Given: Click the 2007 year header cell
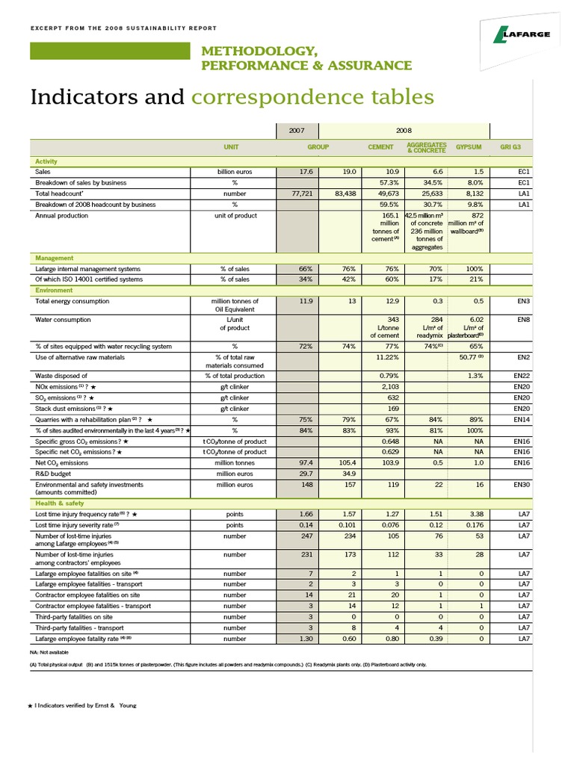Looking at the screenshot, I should pyautogui.click(x=297, y=129).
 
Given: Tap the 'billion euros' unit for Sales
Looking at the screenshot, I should pyautogui.click(x=234, y=171).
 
